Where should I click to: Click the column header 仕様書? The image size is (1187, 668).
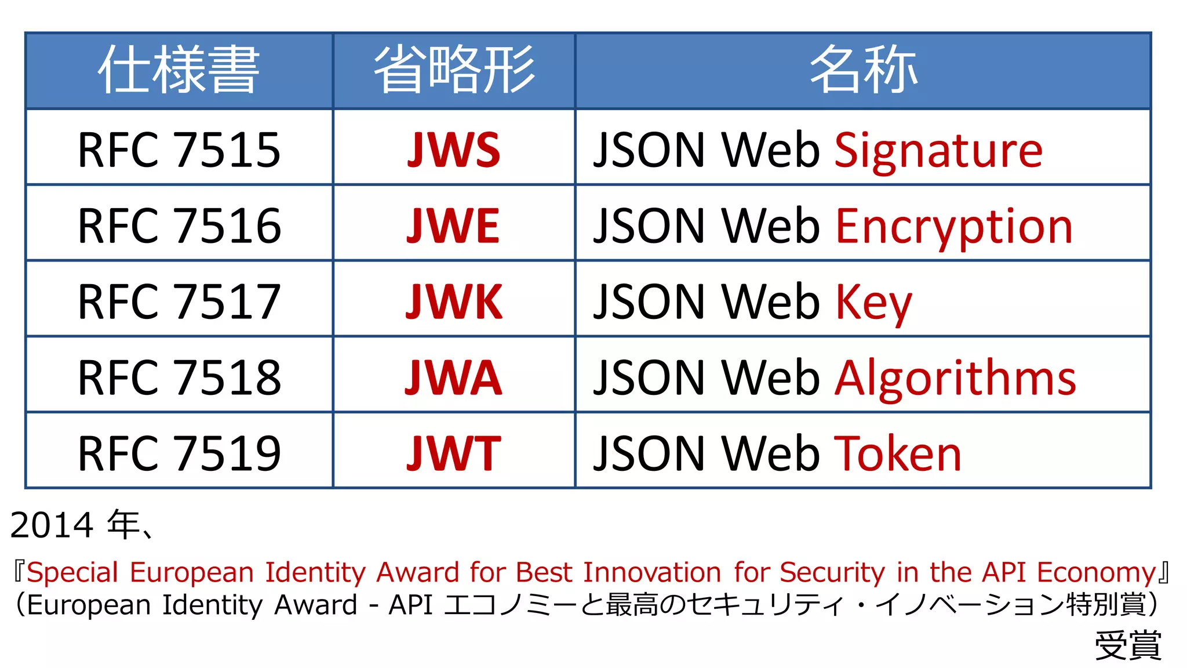179,70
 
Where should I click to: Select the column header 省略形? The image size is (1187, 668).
454,70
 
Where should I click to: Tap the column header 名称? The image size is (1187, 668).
863,70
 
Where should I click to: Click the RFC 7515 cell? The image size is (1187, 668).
179,150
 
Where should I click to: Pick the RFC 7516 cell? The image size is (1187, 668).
179,226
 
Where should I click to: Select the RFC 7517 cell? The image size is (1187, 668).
179,302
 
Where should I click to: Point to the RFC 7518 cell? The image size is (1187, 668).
179,377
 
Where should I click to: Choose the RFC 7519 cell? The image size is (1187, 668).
179,453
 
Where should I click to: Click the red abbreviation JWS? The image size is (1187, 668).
454,150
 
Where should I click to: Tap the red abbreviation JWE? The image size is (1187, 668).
453,226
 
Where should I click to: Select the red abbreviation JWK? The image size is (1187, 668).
454,302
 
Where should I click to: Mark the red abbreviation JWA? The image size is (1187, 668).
453,377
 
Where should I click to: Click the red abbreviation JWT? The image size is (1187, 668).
453,453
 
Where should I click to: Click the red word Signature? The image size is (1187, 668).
938,151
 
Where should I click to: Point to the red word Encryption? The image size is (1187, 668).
954,227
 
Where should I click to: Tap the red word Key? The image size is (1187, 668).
873,303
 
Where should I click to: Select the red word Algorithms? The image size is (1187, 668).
955,378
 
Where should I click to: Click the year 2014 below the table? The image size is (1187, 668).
52,525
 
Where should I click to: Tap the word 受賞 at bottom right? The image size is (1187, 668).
1128,645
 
